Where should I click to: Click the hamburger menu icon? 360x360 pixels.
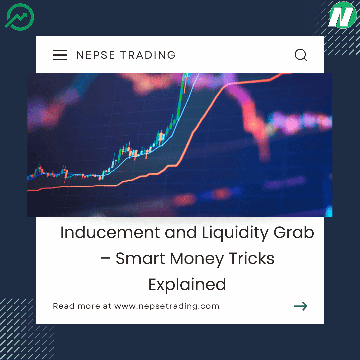pos(60,55)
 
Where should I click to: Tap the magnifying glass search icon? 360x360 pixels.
pos(301,55)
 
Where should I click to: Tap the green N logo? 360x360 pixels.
pos(342,15)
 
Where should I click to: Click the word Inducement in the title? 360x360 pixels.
pos(110,233)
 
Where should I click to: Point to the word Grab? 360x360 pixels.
pos(294,233)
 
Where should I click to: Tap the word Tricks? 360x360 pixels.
pos(252,259)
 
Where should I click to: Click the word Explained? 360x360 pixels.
pos(187,285)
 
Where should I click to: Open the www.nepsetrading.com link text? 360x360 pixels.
pos(167,306)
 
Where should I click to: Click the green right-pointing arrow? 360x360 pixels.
pos(300,306)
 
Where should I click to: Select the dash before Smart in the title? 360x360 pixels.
pos(106,259)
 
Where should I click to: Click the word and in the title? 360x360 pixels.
pos(180,233)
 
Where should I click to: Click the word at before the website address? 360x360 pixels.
pos(107,306)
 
